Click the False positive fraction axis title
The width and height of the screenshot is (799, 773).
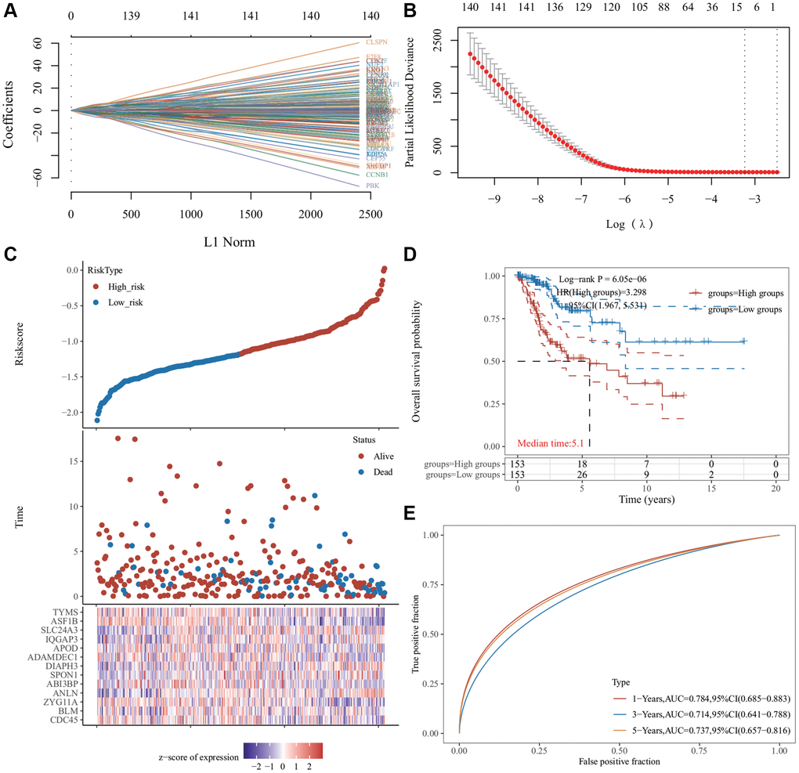619,760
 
